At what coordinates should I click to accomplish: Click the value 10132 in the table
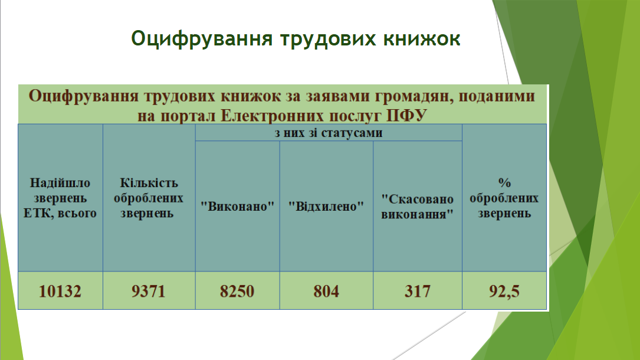click(x=60, y=291)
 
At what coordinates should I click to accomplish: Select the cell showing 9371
click(x=149, y=291)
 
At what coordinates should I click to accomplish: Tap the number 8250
click(x=237, y=291)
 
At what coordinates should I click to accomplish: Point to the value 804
click(x=326, y=291)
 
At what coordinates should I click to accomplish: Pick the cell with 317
click(x=418, y=291)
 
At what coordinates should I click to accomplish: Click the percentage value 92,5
click(x=504, y=291)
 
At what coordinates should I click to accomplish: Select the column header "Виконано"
click(x=237, y=206)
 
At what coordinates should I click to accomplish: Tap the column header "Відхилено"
click(x=326, y=206)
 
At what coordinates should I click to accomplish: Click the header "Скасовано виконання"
click(x=418, y=206)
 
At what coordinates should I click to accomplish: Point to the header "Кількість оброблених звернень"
click(x=149, y=198)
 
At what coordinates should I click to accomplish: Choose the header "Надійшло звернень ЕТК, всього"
click(x=60, y=198)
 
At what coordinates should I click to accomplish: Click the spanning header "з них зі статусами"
click(x=329, y=133)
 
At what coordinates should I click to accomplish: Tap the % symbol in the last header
click(x=504, y=182)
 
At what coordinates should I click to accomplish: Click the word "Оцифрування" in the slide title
click(x=202, y=39)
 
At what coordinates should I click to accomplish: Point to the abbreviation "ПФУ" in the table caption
click(x=406, y=116)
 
